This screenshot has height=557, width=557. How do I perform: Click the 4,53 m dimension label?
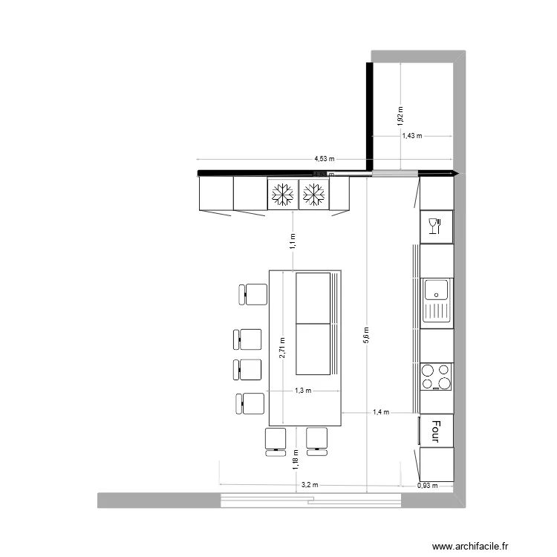(x=325, y=158)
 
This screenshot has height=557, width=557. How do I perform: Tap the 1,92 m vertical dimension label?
(x=400, y=114)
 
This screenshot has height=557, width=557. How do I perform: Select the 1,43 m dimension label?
(x=411, y=136)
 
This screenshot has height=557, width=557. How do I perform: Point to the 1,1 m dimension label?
(x=293, y=240)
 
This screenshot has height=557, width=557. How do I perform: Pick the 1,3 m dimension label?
(x=303, y=391)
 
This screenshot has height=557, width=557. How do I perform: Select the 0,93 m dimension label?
(x=429, y=486)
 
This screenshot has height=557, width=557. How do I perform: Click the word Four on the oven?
(x=436, y=429)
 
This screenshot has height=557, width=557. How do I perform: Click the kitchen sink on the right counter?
(x=437, y=301)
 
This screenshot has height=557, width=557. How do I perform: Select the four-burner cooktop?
(x=436, y=377)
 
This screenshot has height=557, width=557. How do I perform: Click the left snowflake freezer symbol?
(x=282, y=195)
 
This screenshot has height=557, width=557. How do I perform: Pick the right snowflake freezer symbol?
(x=313, y=195)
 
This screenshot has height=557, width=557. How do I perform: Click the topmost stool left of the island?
(x=253, y=294)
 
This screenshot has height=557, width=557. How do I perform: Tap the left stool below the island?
(x=276, y=440)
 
